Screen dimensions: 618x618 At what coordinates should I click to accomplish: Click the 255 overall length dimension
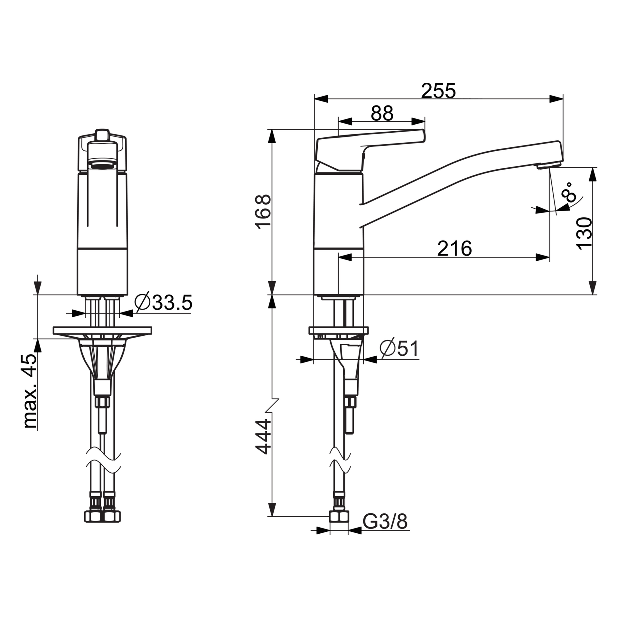click(x=438, y=91)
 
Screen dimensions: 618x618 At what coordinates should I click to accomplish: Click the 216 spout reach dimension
click(x=454, y=248)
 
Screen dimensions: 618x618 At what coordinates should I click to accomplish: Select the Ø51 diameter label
click(x=399, y=349)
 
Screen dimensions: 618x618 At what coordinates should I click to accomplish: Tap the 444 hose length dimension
click(x=263, y=437)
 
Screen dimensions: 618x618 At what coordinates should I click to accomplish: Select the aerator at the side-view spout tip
click(x=548, y=165)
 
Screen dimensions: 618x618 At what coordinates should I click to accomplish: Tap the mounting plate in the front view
click(x=102, y=331)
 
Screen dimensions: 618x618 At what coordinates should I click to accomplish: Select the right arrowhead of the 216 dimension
click(x=542, y=257)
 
